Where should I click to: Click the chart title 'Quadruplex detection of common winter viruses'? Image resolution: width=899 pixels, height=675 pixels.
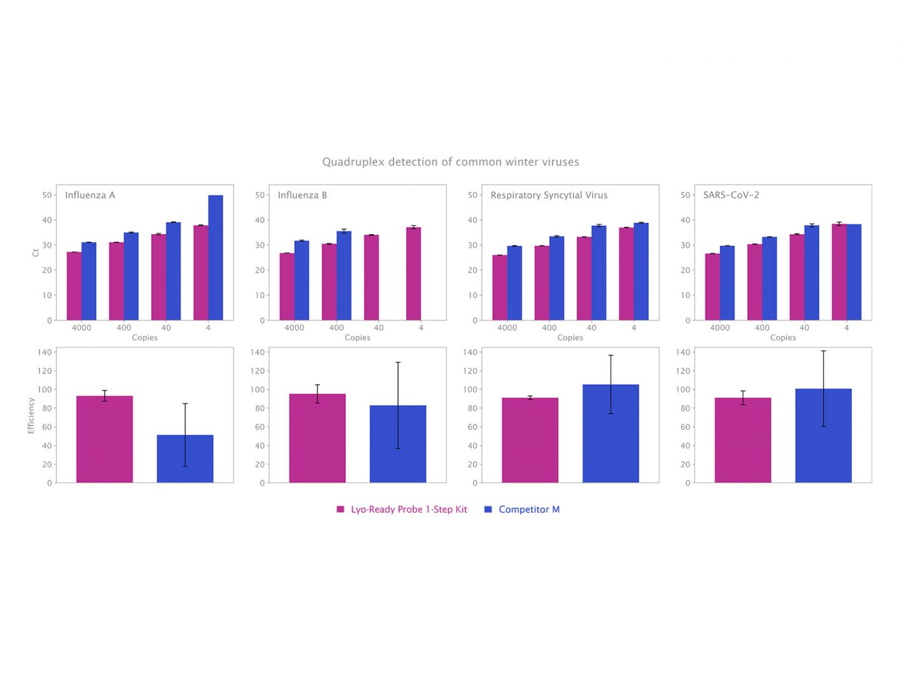tap(450, 162)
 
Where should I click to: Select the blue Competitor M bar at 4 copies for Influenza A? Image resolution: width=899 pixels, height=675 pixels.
tap(216, 258)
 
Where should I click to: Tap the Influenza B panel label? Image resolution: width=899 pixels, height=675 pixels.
tap(302, 195)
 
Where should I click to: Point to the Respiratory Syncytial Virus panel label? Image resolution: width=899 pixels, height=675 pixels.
tap(549, 195)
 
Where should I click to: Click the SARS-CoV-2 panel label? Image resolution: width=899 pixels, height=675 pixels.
tap(731, 195)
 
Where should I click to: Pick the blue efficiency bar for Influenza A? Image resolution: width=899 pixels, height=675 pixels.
tap(185, 459)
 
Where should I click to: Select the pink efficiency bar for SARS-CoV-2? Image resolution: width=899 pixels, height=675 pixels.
tap(743, 440)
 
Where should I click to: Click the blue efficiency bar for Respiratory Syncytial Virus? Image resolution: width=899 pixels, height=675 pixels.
tap(610, 433)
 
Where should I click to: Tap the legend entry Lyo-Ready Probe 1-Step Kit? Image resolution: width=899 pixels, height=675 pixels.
tap(408, 510)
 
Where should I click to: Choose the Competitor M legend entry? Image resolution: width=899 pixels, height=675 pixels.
tap(528, 510)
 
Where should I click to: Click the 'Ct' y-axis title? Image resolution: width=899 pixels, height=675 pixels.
tap(36, 253)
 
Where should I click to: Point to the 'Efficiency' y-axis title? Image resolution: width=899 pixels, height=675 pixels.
tap(31, 415)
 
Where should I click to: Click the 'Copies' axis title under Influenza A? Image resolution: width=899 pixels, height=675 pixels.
tap(144, 338)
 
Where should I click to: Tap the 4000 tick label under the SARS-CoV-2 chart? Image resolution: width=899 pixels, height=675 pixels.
tap(720, 328)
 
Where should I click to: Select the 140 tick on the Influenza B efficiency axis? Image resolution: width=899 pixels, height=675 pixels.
tap(257, 352)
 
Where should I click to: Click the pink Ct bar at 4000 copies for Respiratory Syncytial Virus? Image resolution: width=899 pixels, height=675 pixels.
tap(500, 288)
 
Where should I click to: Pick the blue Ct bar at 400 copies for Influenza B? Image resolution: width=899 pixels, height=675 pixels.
tap(344, 275)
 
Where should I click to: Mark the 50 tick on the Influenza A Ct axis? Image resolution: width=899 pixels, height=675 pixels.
tap(47, 195)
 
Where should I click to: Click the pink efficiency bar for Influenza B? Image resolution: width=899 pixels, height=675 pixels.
tap(317, 438)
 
